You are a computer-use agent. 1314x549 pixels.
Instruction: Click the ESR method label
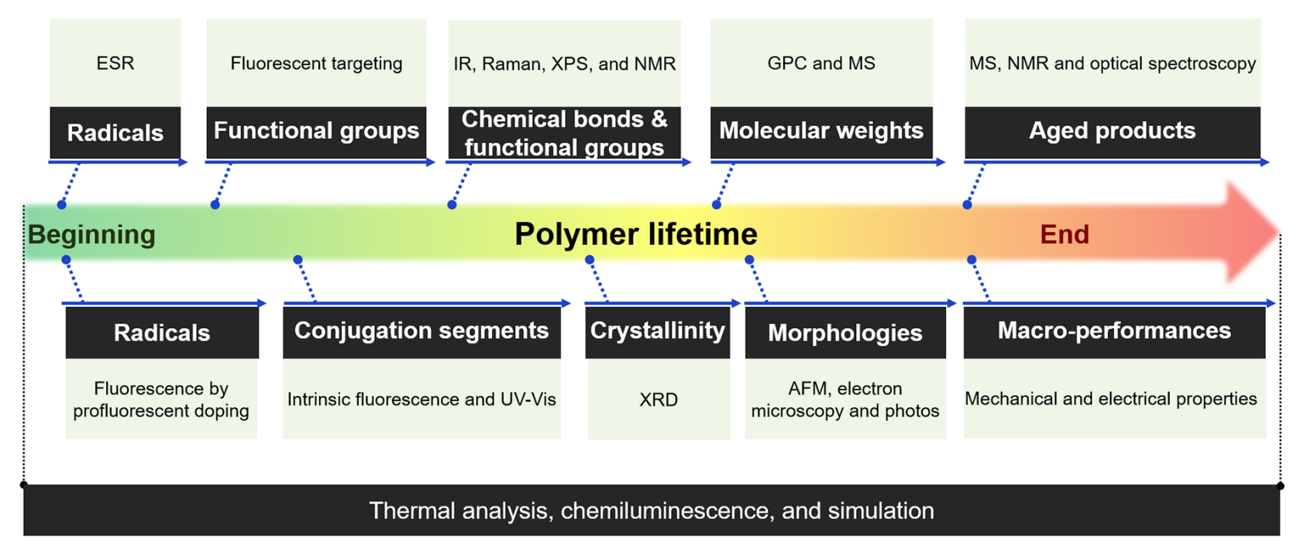pyautogui.click(x=115, y=63)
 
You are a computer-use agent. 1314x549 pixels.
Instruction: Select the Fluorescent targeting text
pyautogui.click(x=316, y=64)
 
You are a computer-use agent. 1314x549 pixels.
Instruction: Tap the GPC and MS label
pyautogui.click(x=820, y=63)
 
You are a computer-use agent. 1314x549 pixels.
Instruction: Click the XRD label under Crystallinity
pyautogui.click(x=659, y=399)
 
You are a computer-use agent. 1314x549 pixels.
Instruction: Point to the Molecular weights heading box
pyautogui.click(x=821, y=132)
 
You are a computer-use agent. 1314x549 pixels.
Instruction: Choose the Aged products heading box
pyautogui.click(x=1113, y=132)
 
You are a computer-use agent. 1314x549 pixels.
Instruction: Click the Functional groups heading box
pyautogui.click(x=316, y=132)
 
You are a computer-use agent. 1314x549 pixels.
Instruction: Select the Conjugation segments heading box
pyautogui.click(x=421, y=333)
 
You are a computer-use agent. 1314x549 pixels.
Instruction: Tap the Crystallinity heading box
pyautogui.click(x=658, y=333)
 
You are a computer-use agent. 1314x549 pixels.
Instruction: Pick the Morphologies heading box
pyautogui.click(x=845, y=333)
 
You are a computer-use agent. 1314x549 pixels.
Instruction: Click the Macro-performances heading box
pyautogui.click(x=1115, y=333)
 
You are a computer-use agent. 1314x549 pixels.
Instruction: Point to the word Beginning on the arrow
pyautogui.click(x=91, y=235)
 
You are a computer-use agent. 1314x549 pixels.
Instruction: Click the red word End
pyautogui.click(x=1065, y=234)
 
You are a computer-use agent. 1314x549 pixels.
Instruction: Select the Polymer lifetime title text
pyautogui.click(x=636, y=234)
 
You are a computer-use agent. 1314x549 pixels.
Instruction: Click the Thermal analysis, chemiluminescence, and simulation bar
pyautogui.click(x=652, y=510)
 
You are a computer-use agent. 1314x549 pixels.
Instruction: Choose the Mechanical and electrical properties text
pyautogui.click(x=1111, y=399)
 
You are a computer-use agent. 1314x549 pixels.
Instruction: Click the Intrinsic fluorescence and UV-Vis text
pyautogui.click(x=421, y=399)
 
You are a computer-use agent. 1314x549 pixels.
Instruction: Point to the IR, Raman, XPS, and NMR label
pyautogui.click(x=564, y=64)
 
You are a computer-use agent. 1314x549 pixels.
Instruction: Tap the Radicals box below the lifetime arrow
pyautogui.click(x=162, y=333)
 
